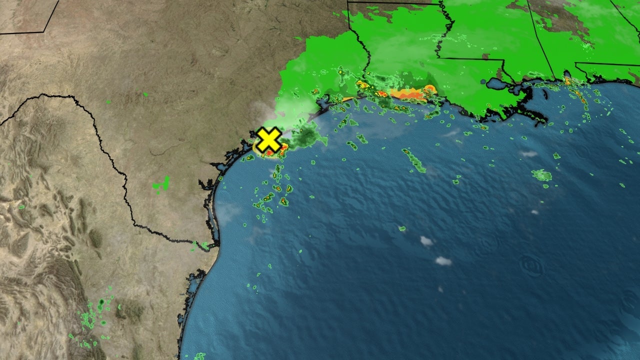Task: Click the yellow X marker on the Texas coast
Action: tap(269, 140)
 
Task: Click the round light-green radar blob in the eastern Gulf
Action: tap(541, 175)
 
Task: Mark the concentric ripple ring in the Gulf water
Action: tap(530, 265)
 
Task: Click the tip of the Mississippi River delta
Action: tap(542, 120)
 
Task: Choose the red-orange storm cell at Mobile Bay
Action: tap(567, 80)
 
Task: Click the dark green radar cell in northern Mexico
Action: tap(101, 303)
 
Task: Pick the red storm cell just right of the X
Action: tap(283, 148)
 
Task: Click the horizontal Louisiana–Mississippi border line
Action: tap(470, 58)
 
